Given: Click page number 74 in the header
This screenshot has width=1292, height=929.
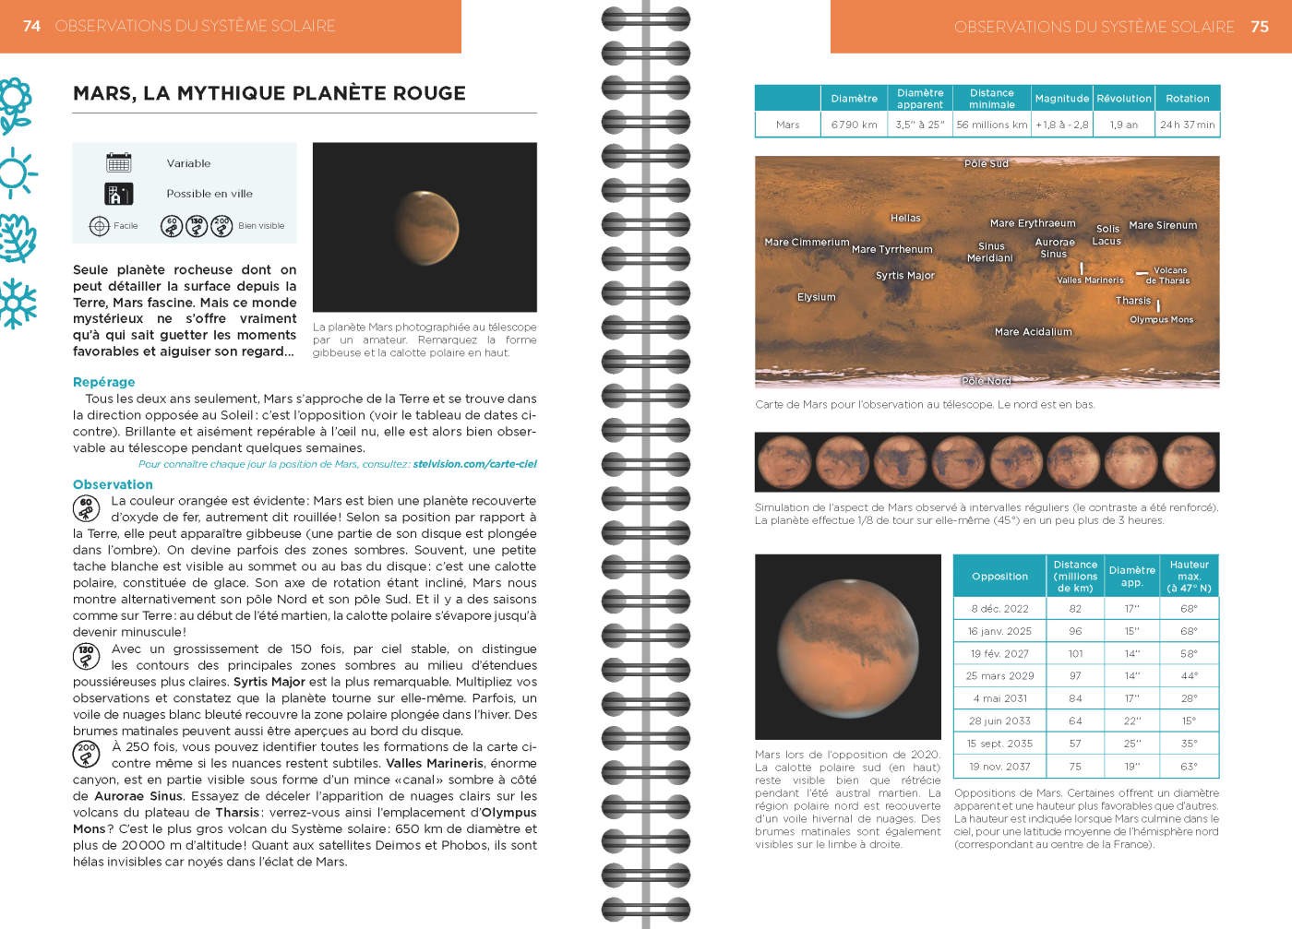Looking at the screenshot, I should (x=31, y=26).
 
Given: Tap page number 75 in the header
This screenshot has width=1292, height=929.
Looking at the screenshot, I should (x=1260, y=27).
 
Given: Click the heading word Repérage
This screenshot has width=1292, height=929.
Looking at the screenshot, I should (x=103, y=382).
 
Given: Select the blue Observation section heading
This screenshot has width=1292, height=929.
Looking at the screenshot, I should (x=113, y=484).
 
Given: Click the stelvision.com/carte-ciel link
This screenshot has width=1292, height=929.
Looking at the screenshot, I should (x=474, y=464).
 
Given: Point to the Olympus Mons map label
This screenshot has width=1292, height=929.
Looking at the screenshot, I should (x=1161, y=319).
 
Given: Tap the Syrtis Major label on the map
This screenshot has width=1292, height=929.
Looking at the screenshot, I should (x=904, y=275).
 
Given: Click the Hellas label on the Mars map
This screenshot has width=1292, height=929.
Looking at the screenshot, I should (x=905, y=218).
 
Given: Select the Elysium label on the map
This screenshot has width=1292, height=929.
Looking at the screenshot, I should (x=816, y=297).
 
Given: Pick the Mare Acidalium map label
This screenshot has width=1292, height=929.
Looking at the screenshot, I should (x=1033, y=331).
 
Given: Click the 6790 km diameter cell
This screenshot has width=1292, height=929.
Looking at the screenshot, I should (x=854, y=125).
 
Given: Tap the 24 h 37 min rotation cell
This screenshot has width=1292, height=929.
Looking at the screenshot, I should (x=1187, y=125).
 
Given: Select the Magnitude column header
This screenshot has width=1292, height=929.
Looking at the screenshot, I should (x=1061, y=99).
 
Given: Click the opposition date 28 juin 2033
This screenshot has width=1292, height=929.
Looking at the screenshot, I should (x=999, y=721).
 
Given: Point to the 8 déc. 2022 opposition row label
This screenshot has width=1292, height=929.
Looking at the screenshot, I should (x=999, y=609).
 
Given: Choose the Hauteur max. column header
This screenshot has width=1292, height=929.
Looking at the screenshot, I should (x=1189, y=576).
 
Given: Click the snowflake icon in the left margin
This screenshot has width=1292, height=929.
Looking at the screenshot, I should (x=18, y=304).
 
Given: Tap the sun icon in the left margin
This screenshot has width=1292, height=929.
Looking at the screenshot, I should (x=16, y=173).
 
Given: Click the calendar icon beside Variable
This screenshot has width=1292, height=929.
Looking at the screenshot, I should (x=119, y=163).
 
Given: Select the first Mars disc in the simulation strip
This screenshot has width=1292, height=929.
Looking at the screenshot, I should (x=784, y=461).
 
